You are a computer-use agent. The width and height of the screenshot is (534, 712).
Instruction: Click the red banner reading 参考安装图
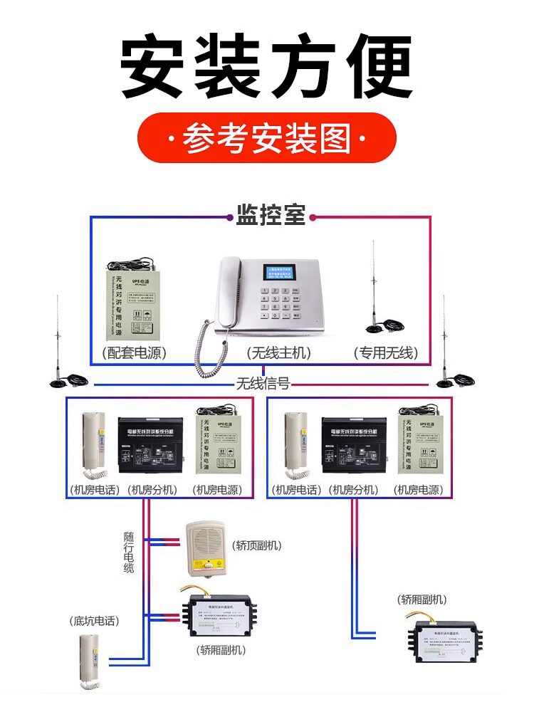[x=266, y=138]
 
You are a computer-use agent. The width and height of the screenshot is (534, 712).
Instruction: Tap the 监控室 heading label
[x=271, y=215]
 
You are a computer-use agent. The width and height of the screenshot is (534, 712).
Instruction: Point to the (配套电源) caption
[x=132, y=353]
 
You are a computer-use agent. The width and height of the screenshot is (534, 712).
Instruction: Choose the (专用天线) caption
[x=386, y=353]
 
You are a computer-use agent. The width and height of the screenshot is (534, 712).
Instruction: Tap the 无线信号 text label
[x=263, y=384]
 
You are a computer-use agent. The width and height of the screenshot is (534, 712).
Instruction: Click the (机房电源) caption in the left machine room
[x=217, y=490]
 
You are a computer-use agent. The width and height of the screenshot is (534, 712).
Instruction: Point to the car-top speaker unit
[x=204, y=548]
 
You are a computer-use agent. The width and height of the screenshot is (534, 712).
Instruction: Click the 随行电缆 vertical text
[x=128, y=552]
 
